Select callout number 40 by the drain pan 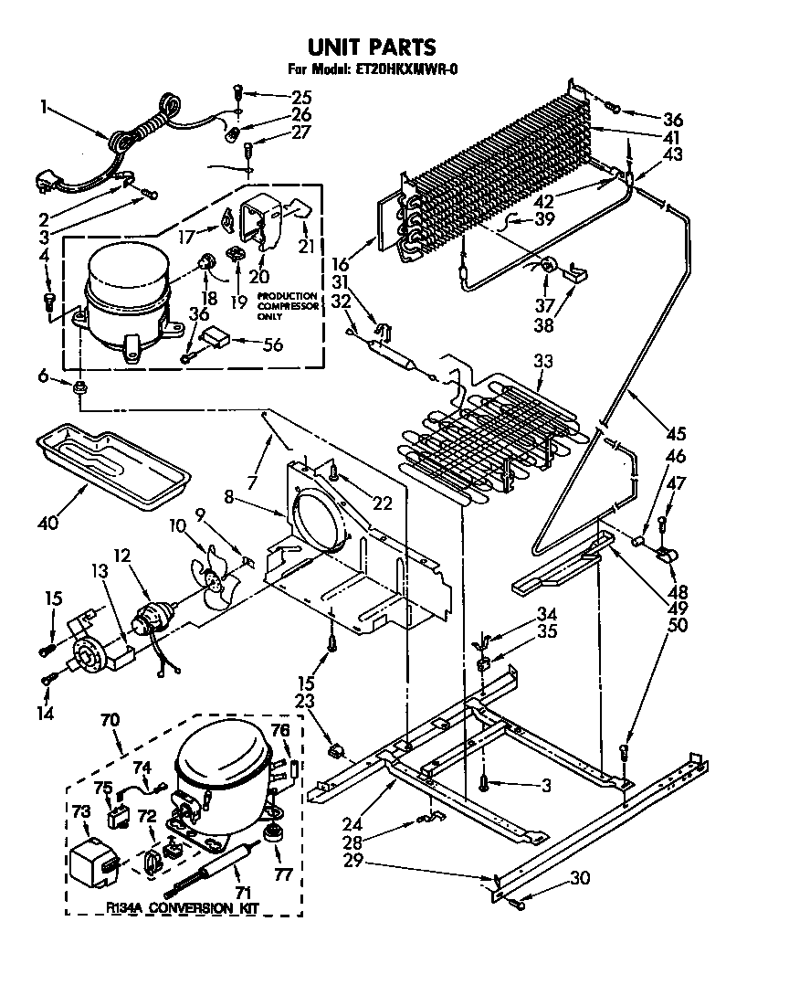[47, 524]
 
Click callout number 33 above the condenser [543, 362]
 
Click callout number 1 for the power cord [43, 106]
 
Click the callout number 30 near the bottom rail [581, 878]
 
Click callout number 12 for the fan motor [122, 556]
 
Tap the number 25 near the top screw [301, 97]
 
